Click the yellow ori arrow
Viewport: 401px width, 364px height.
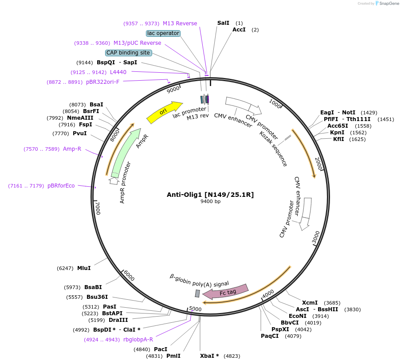pos(164,112)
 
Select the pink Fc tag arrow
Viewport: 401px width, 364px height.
pos(225,291)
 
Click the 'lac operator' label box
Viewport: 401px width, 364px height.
pos(163,33)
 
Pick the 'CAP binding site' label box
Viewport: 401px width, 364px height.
pos(128,53)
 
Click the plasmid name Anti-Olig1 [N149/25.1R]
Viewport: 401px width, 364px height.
pos(210,194)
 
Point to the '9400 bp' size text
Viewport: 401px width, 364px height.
pos(210,202)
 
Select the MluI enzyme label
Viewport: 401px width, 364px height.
pos(84,268)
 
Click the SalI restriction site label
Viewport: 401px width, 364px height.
pos(224,23)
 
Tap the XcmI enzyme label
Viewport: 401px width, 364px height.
pos(310,302)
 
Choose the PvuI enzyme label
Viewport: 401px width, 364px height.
pos(80,133)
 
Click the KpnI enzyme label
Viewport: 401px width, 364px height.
pos(337,132)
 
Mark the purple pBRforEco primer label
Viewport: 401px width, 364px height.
pos(61,186)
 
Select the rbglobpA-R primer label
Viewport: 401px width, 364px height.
pos(138,340)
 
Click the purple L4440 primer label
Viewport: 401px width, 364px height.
pos(118,72)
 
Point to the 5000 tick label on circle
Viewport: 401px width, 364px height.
pos(195,309)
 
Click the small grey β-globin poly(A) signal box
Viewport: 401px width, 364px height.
pos(197,293)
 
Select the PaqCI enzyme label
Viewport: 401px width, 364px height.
pos(270,336)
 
